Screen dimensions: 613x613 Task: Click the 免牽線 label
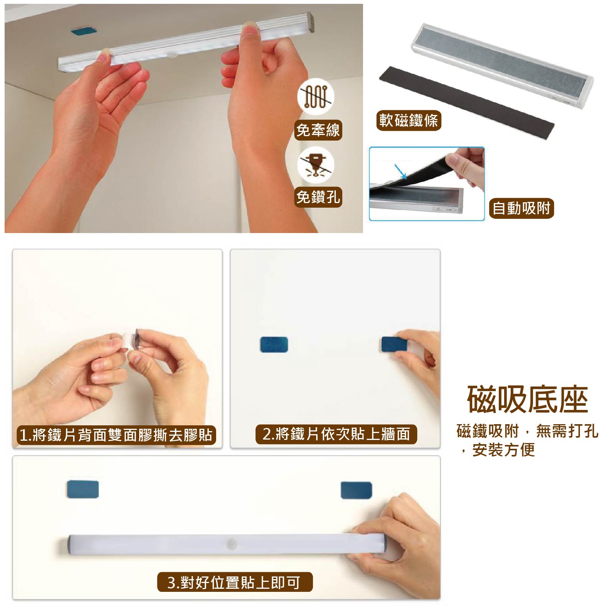pos(318,130)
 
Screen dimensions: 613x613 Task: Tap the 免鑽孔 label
pos(318,197)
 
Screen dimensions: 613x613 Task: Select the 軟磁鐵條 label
pos(408,120)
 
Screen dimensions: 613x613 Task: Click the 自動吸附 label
pos(521,208)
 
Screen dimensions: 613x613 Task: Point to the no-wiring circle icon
pos(316,96)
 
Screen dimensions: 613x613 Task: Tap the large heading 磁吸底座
pos(528,400)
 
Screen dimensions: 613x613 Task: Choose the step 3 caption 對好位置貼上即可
pos(235,582)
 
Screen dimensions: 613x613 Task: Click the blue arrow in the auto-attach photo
pos(401,172)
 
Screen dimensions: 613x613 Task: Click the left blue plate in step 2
pos(274,345)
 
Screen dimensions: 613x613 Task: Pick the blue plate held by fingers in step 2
pos(394,344)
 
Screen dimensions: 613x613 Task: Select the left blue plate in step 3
pos(83,489)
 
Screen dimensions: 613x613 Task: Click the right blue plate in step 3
pos(356,490)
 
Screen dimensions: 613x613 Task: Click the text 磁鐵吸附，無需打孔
pos(528,431)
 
